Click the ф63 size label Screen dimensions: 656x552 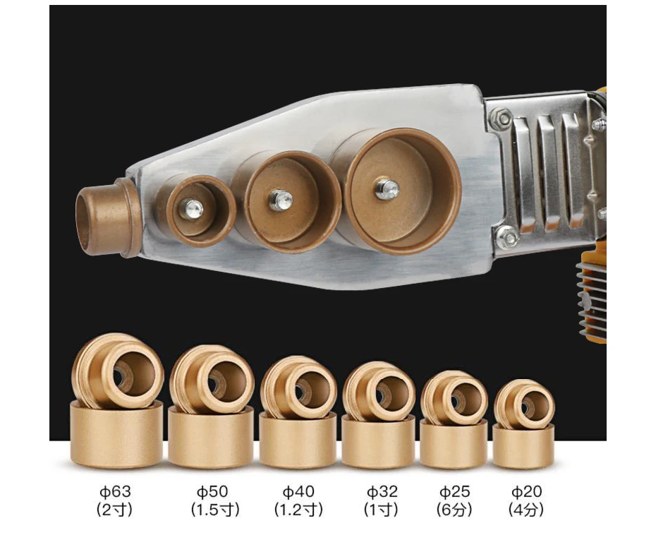pos(115,491)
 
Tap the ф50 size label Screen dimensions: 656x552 pos(212,491)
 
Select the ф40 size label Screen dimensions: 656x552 pos(298,491)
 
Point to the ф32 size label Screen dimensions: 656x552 pos(382,491)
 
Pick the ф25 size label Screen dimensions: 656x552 pos(455,491)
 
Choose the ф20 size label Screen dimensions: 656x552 pos(527,491)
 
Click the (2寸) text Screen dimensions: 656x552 pos(114,510)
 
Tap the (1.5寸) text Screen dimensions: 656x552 pos(215,510)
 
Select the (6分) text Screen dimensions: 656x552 pos(454,510)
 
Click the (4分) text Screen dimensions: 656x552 pos(526,510)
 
